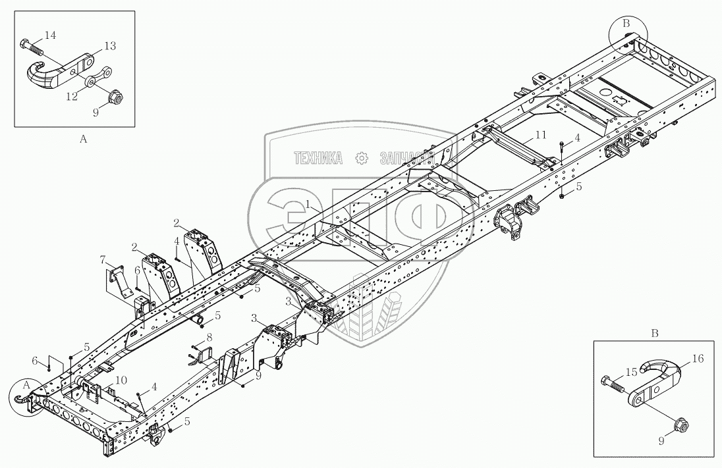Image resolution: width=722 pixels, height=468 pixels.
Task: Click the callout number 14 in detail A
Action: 51,34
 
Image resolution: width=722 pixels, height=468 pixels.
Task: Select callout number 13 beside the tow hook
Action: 110,45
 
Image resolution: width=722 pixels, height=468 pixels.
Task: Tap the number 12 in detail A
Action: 70,96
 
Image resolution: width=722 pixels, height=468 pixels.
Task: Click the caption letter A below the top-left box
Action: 83,139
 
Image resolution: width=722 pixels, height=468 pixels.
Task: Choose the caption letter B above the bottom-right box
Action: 655,333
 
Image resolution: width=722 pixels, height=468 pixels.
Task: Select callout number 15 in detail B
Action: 631,372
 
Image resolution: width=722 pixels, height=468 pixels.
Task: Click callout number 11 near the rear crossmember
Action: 540,135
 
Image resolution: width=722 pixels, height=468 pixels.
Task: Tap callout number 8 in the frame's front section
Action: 209,337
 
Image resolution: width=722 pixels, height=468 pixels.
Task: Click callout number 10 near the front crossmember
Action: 121,380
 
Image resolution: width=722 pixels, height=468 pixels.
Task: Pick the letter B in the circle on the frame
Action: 627,24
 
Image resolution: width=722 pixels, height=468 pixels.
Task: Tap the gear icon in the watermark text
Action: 360,158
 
